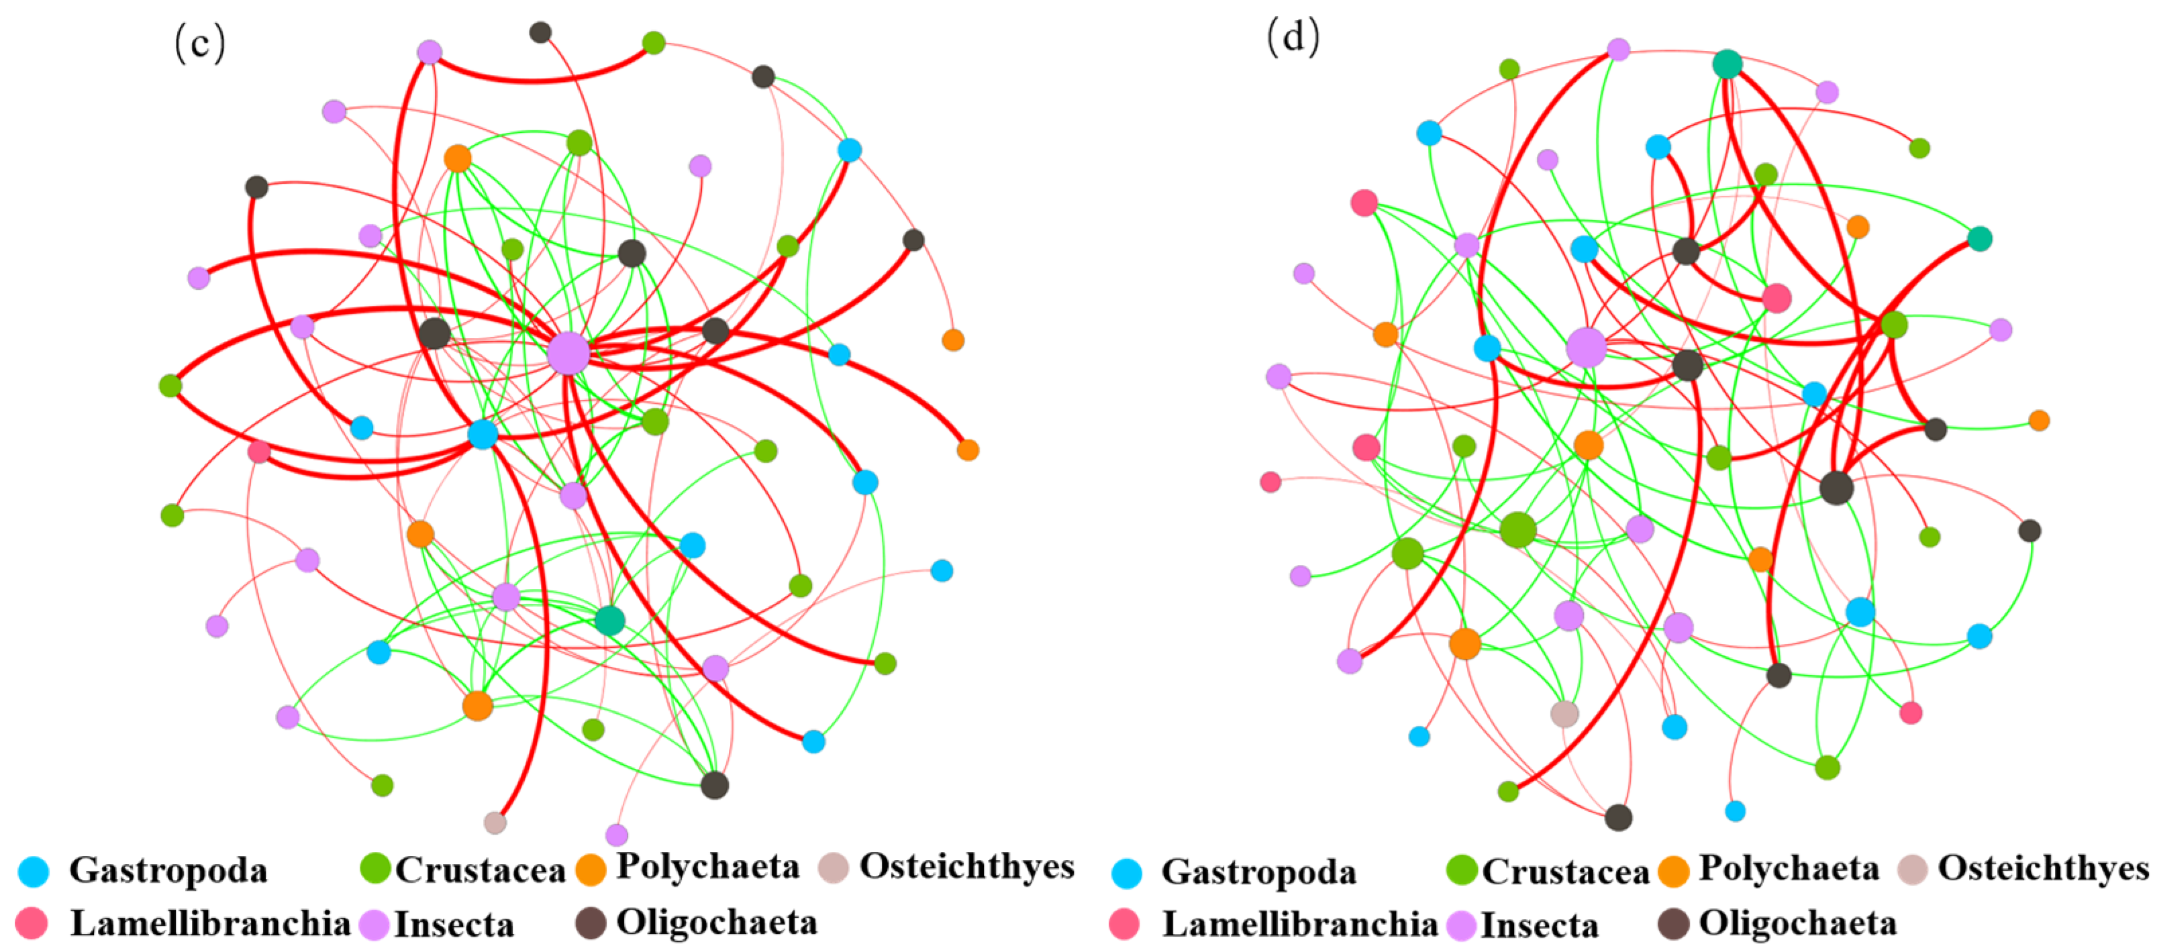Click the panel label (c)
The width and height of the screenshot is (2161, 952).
(200, 44)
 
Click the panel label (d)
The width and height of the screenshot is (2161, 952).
(1293, 38)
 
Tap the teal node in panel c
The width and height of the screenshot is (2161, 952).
(610, 621)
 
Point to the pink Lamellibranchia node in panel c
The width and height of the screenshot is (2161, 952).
(259, 452)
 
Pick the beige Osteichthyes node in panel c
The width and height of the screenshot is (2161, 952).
(495, 823)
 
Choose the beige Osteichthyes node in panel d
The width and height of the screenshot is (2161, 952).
(1564, 714)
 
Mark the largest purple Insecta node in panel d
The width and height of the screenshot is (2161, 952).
(1587, 348)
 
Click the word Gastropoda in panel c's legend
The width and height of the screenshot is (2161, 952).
(168, 871)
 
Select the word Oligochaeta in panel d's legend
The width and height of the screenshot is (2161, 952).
(1798, 923)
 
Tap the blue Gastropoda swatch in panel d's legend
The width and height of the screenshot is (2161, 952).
(1127, 873)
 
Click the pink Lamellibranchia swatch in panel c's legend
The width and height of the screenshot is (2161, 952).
(32, 923)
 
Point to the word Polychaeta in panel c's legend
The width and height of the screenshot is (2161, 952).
(708, 867)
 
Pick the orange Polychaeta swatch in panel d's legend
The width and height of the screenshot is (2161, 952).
(1674, 872)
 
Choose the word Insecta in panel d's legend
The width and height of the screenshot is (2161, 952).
(1540, 926)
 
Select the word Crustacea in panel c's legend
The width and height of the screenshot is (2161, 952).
(481, 871)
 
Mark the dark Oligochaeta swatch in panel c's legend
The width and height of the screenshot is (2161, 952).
(591, 923)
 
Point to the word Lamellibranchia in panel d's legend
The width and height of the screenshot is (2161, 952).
(1299, 924)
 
